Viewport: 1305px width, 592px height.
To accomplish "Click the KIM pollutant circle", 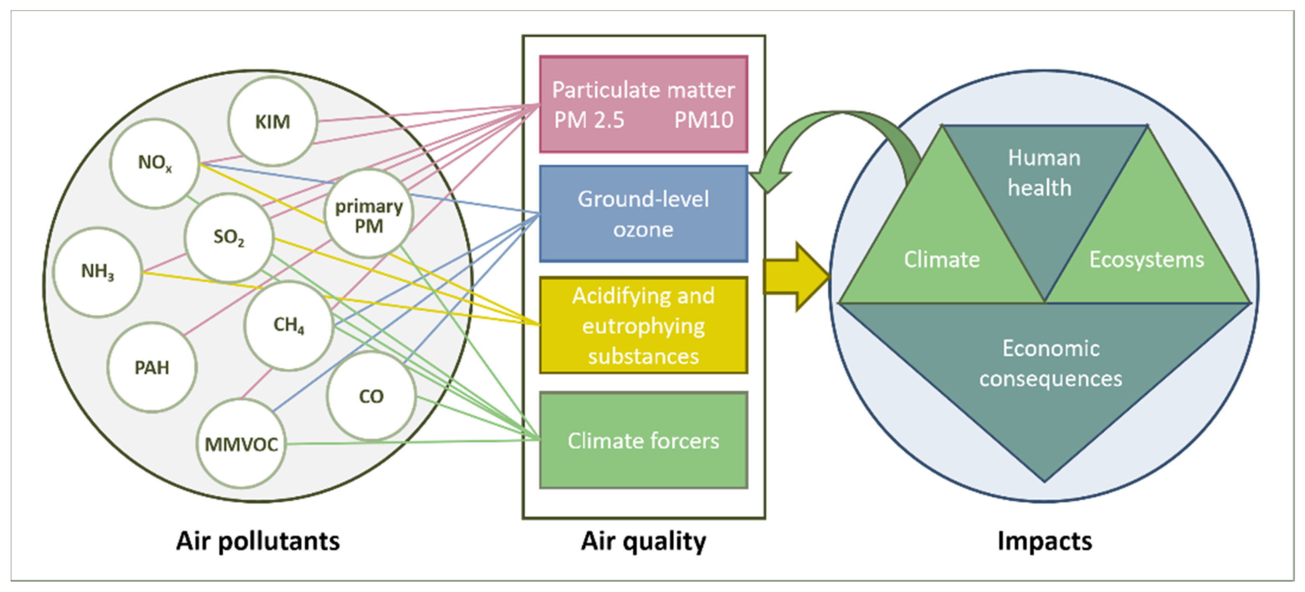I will click(273, 122).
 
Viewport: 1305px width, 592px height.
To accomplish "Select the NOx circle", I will click(154, 163).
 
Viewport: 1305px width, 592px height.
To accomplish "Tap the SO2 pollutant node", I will click(229, 237).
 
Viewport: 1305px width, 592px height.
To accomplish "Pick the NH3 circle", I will click(98, 272).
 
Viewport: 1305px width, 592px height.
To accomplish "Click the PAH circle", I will click(152, 367).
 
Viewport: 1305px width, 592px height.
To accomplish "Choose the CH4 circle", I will click(289, 325).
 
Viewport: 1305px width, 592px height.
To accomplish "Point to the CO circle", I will click(371, 396).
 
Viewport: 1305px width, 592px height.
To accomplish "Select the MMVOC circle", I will click(241, 444).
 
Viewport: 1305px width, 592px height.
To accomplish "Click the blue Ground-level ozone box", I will click(643, 214).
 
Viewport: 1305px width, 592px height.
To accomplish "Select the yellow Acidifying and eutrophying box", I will click(643, 325).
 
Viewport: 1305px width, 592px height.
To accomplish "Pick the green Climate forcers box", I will click(643, 440).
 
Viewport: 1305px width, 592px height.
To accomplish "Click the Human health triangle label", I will click(1044, 173).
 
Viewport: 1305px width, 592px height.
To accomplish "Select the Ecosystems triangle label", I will click(1146, 259).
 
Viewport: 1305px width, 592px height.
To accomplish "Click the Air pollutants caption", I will click(258, 541).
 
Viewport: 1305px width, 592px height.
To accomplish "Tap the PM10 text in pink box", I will click(703, 120).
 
